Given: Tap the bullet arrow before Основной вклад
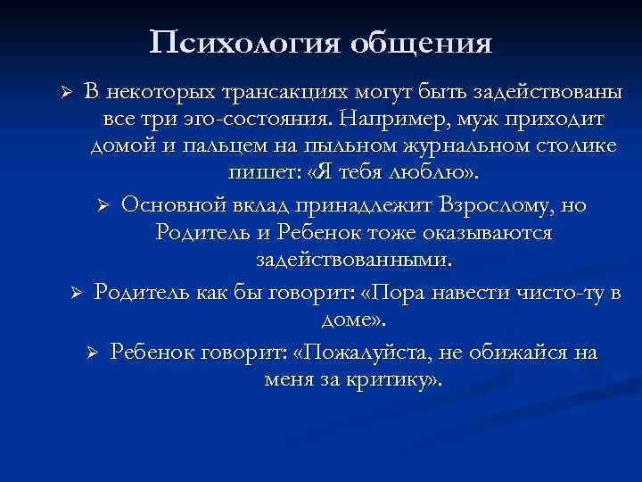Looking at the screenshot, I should [103, 206].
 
